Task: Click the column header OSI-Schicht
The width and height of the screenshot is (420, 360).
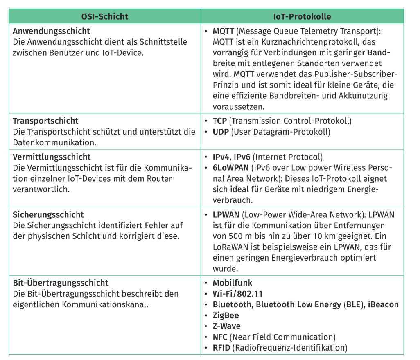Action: click(104, 17)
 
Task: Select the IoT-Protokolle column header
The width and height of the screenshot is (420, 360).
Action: click(302, 17)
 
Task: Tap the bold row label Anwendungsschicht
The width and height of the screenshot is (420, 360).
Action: click(51, 31)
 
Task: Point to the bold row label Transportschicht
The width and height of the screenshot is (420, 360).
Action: click(45, 121)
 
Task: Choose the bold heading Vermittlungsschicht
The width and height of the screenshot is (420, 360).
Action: click(52, 157)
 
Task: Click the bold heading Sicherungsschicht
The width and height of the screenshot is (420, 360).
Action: click(48, 215)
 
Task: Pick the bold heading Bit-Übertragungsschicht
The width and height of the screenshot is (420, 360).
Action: click(61, 283)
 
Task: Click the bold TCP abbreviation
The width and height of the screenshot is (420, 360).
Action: click(220, 121)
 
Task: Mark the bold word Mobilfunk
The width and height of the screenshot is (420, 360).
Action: click(233, 283)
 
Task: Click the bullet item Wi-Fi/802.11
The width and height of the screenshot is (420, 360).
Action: click(238, 294)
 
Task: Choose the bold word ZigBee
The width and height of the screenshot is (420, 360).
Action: click(226, 315)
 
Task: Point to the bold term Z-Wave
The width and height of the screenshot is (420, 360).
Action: click(227, 326)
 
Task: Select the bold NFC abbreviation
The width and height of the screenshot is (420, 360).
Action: click(220, 337)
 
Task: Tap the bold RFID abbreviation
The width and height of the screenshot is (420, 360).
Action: click(221, 348)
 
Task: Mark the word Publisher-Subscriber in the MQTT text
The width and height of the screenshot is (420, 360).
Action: click(356, 74)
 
